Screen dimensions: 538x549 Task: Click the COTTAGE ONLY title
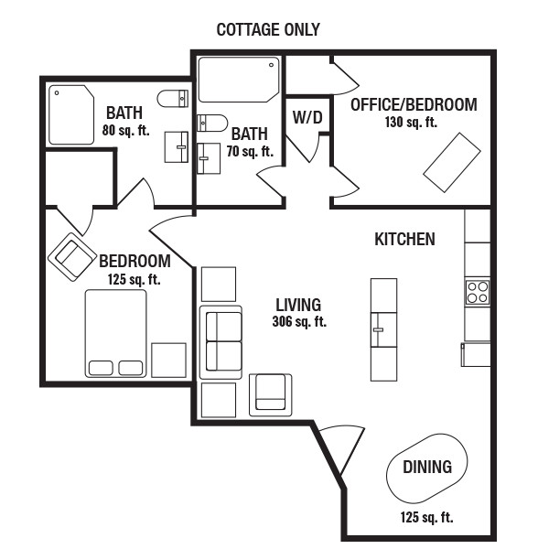[x=268, y=30]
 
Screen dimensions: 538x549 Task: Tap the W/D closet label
[x=307, y=118]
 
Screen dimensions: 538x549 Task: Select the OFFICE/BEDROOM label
[x=414, y=104]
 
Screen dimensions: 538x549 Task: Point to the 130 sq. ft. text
[x=411, y=123]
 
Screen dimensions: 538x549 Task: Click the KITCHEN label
[x=404, y=239]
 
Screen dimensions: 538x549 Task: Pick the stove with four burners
[x=478, y=293]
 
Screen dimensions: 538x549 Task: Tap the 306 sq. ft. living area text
[x=299, y=321]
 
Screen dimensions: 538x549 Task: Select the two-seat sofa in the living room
[x=221, y=342]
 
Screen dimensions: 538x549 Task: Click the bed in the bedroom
[x=115, y=333]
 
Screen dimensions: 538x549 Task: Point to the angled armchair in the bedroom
[x=71, y=257]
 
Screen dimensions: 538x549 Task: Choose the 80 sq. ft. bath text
[x=125, y=131]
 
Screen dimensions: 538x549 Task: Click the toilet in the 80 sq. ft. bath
[x=173, y=99]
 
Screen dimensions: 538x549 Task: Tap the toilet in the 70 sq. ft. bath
[x=212, y=123]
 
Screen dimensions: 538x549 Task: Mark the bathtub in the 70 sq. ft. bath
[x=239, y=80]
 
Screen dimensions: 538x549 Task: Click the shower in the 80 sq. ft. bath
[x=71, y=115]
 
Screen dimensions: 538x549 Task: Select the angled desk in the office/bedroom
[x=452, y=163]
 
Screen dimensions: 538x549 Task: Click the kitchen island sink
[x=383, y=329]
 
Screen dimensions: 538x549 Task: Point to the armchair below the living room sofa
[x=270, y=395]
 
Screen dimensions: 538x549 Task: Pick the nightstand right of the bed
[x=168, y=361]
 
